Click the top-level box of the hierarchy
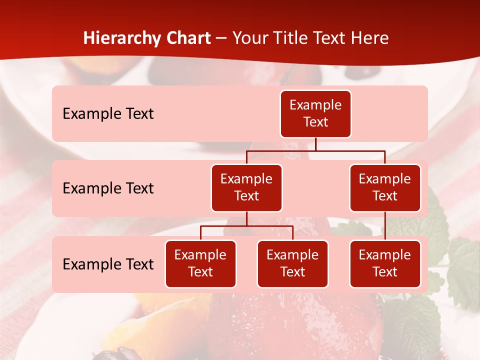(315, 114)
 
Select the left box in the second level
(246, 188)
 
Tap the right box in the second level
(385, 188)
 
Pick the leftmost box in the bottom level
(200, 264)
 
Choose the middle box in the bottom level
(292, 264)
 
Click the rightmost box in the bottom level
(385, 264)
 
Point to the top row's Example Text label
(108, 114)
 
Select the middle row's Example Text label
(108, 188)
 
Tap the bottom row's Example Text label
(108, 264)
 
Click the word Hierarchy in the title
(121, 38)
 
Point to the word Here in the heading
(369, 38)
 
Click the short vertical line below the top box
(315, 144)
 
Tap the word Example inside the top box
(315, 105)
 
